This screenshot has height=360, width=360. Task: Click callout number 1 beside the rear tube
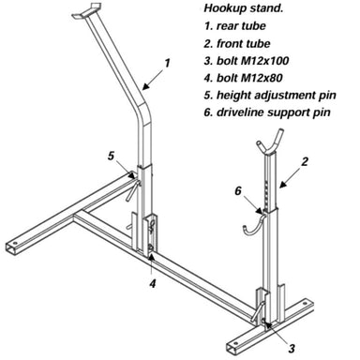(167, 63)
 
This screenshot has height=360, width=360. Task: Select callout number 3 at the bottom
(292, 347)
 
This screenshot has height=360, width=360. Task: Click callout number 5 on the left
(112, 156)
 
